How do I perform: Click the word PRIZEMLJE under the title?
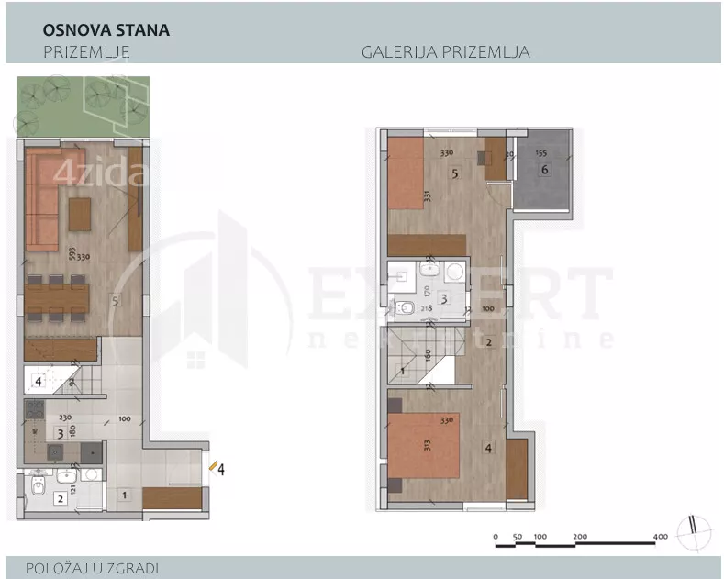86,52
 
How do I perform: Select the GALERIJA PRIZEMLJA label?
446,52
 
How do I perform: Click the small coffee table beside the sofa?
80,216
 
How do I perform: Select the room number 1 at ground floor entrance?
125,496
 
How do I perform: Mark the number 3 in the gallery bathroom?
442,298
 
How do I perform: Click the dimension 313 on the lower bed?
402,446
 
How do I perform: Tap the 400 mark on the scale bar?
660,536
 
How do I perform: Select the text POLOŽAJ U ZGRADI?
86,568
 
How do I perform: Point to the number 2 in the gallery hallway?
489,342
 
